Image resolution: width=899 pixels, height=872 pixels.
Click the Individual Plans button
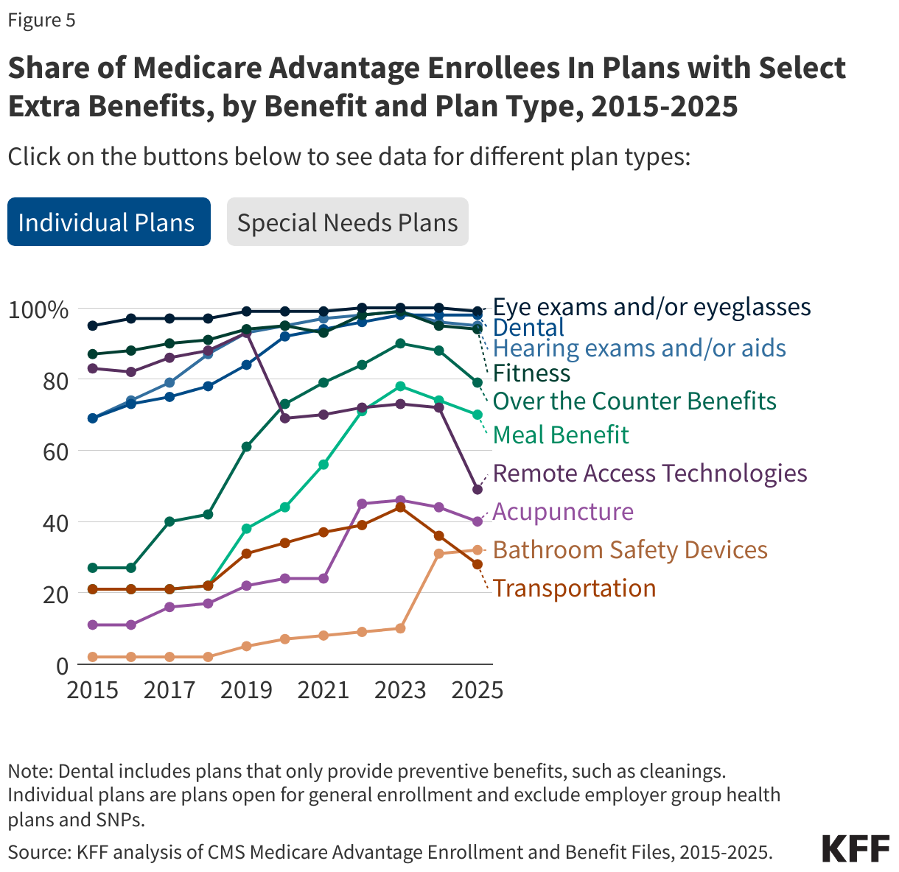(108, 222)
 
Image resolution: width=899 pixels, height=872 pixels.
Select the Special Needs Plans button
(347, 222)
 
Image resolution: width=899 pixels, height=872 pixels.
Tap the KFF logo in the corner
(856, 849)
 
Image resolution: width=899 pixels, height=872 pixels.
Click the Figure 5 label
(41, 21)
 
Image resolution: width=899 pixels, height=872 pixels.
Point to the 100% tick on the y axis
(38, 309)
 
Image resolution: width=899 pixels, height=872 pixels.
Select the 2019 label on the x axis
(246, 689)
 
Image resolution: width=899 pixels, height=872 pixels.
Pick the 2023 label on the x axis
(400, 689)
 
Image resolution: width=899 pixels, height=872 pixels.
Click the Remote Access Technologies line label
(649, 473)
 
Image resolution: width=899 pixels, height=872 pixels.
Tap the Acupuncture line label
(563, 511)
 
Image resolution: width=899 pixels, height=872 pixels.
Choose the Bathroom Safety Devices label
(630, 549)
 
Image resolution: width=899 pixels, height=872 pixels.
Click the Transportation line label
(574, 588)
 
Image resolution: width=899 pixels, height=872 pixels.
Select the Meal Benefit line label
(561, 435)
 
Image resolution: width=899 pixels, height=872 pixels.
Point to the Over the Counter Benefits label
(634, 401)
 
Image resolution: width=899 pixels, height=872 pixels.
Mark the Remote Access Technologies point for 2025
(477, 489)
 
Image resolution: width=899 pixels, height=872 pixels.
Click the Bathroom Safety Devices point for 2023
(400, 628)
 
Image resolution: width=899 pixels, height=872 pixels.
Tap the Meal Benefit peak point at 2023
(400, 386)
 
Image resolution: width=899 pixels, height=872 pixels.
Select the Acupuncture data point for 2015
(93, 625)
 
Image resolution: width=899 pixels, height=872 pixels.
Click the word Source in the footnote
(37, 852)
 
